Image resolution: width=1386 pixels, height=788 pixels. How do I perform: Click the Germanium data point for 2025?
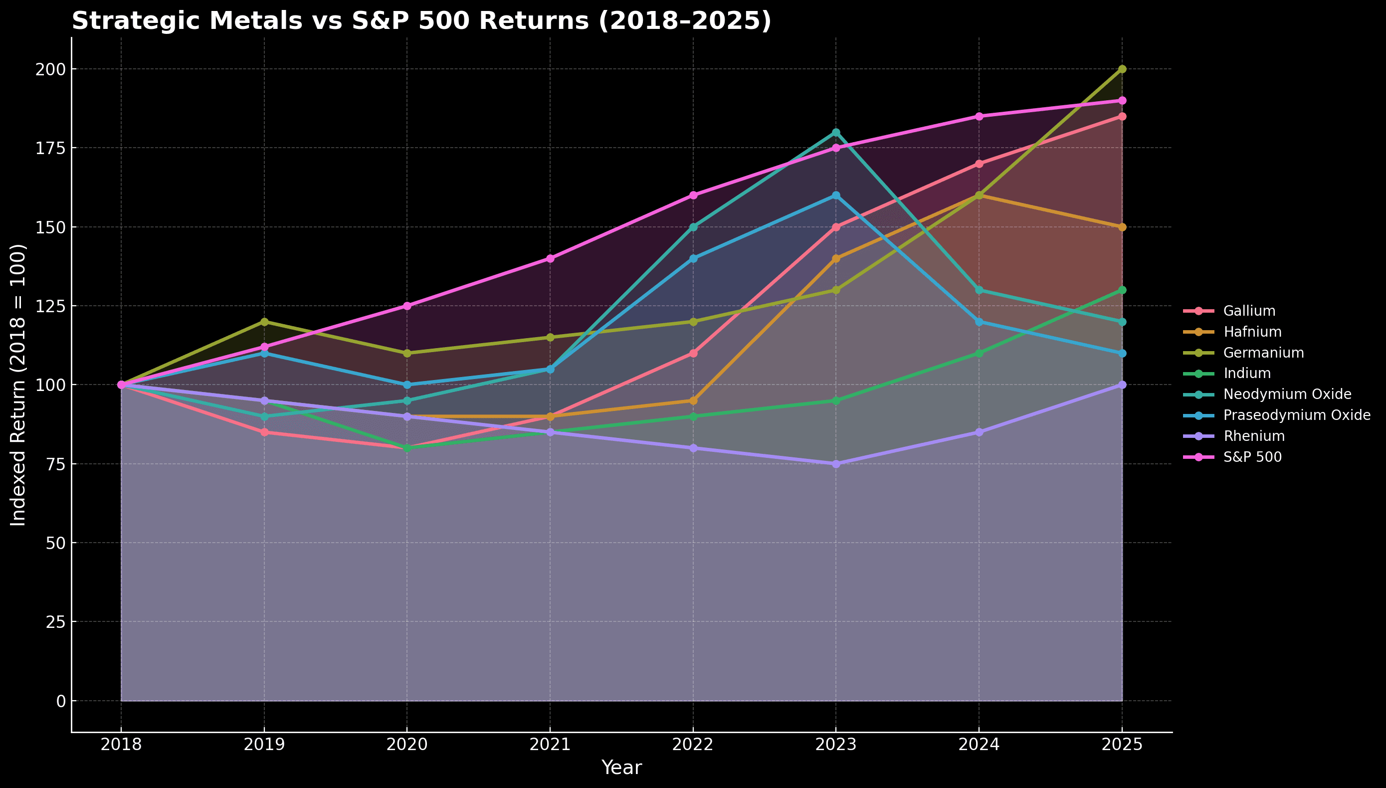(1122, 69)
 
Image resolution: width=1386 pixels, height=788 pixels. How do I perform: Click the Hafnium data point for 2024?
(979, 196)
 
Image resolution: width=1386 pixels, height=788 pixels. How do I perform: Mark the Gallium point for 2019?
(265, 432)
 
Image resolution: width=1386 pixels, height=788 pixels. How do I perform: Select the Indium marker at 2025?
(1122, 290)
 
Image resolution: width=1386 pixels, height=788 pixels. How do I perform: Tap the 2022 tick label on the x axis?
(693, 746)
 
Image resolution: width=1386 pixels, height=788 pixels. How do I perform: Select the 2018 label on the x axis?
(121, 746)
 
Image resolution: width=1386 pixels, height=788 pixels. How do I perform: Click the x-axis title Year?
(621, 768)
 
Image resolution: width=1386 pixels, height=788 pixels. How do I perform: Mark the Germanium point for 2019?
(265, 322)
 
